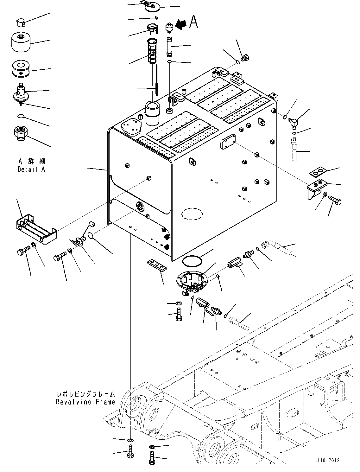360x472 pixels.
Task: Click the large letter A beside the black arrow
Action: point(193,22)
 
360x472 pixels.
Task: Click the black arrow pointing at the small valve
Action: point(181,25)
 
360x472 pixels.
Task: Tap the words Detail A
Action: point(31,169)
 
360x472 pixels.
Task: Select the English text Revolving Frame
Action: point(85,402)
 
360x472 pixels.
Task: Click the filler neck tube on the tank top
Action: point(152,114)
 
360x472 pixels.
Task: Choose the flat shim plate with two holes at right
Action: point(318,172)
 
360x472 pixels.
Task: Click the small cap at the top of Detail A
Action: point(21,22)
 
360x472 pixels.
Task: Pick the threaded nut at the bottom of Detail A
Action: point(20,133)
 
